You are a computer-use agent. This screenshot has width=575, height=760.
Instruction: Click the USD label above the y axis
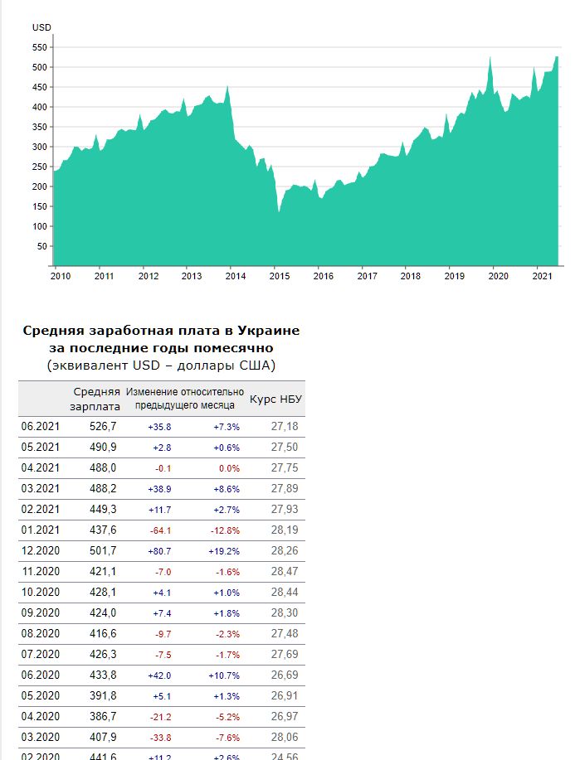[41, 27]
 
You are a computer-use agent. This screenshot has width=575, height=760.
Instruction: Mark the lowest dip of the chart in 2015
[279, 212]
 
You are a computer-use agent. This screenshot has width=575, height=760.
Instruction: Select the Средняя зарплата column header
[97, 399]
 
